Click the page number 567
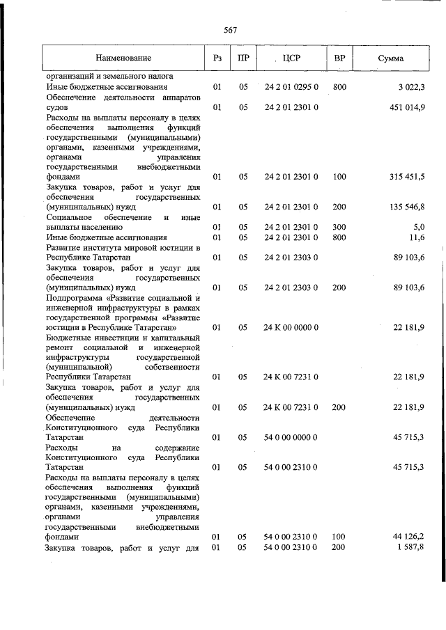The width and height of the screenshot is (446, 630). (x=231, y=29)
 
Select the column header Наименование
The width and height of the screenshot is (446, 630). (x=123, y=58)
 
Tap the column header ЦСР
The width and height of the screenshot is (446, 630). (x=292, y=58)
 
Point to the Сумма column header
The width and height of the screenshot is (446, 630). (x=390, y=58)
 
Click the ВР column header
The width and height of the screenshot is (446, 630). (x=339, y=58)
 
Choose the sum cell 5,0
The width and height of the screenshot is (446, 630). (x=418, y=227)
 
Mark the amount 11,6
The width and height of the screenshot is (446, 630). (x=417, y=237)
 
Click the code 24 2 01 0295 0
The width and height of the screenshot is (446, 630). (x=291, y=87)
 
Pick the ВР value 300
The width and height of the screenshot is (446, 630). (x=339, y=227)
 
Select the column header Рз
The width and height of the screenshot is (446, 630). (x=217, y=58)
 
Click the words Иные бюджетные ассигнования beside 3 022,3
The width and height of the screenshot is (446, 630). (x=106, y=87)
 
